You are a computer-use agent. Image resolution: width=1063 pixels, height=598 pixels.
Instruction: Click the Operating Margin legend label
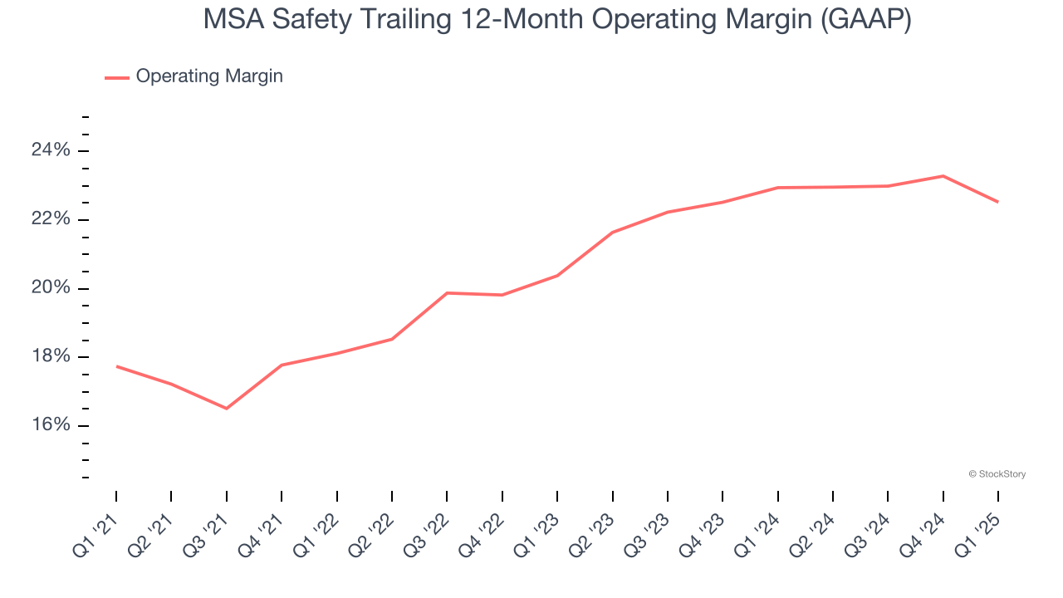[x=209, y=76]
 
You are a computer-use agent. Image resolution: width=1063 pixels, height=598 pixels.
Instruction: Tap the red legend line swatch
[x=116, y=77]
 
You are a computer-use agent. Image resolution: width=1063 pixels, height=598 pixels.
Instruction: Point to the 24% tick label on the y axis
[x=51, y=150]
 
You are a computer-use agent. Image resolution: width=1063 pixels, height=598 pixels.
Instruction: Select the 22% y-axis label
[x=51, y=219]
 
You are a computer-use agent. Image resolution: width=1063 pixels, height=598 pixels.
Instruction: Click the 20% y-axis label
[x=51, y=288]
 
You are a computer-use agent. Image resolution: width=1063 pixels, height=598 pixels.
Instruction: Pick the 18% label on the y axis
[x=51, y=357]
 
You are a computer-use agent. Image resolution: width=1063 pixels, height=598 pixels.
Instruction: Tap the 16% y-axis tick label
[x=51, y=425]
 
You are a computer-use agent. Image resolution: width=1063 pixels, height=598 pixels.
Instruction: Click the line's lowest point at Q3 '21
[x=226, y=408]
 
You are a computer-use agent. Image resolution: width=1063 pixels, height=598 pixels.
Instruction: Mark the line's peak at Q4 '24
[x=943, y=176]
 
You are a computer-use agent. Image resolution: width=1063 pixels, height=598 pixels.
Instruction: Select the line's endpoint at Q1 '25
[x=997, y=202]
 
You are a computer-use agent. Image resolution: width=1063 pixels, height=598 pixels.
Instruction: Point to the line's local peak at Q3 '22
[x=447, y=292]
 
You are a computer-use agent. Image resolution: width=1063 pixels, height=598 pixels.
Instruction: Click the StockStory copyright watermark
[x=997, y=474]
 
